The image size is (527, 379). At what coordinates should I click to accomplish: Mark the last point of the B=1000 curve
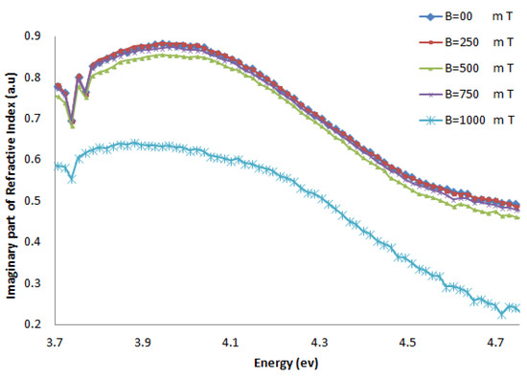click(517, 308)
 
